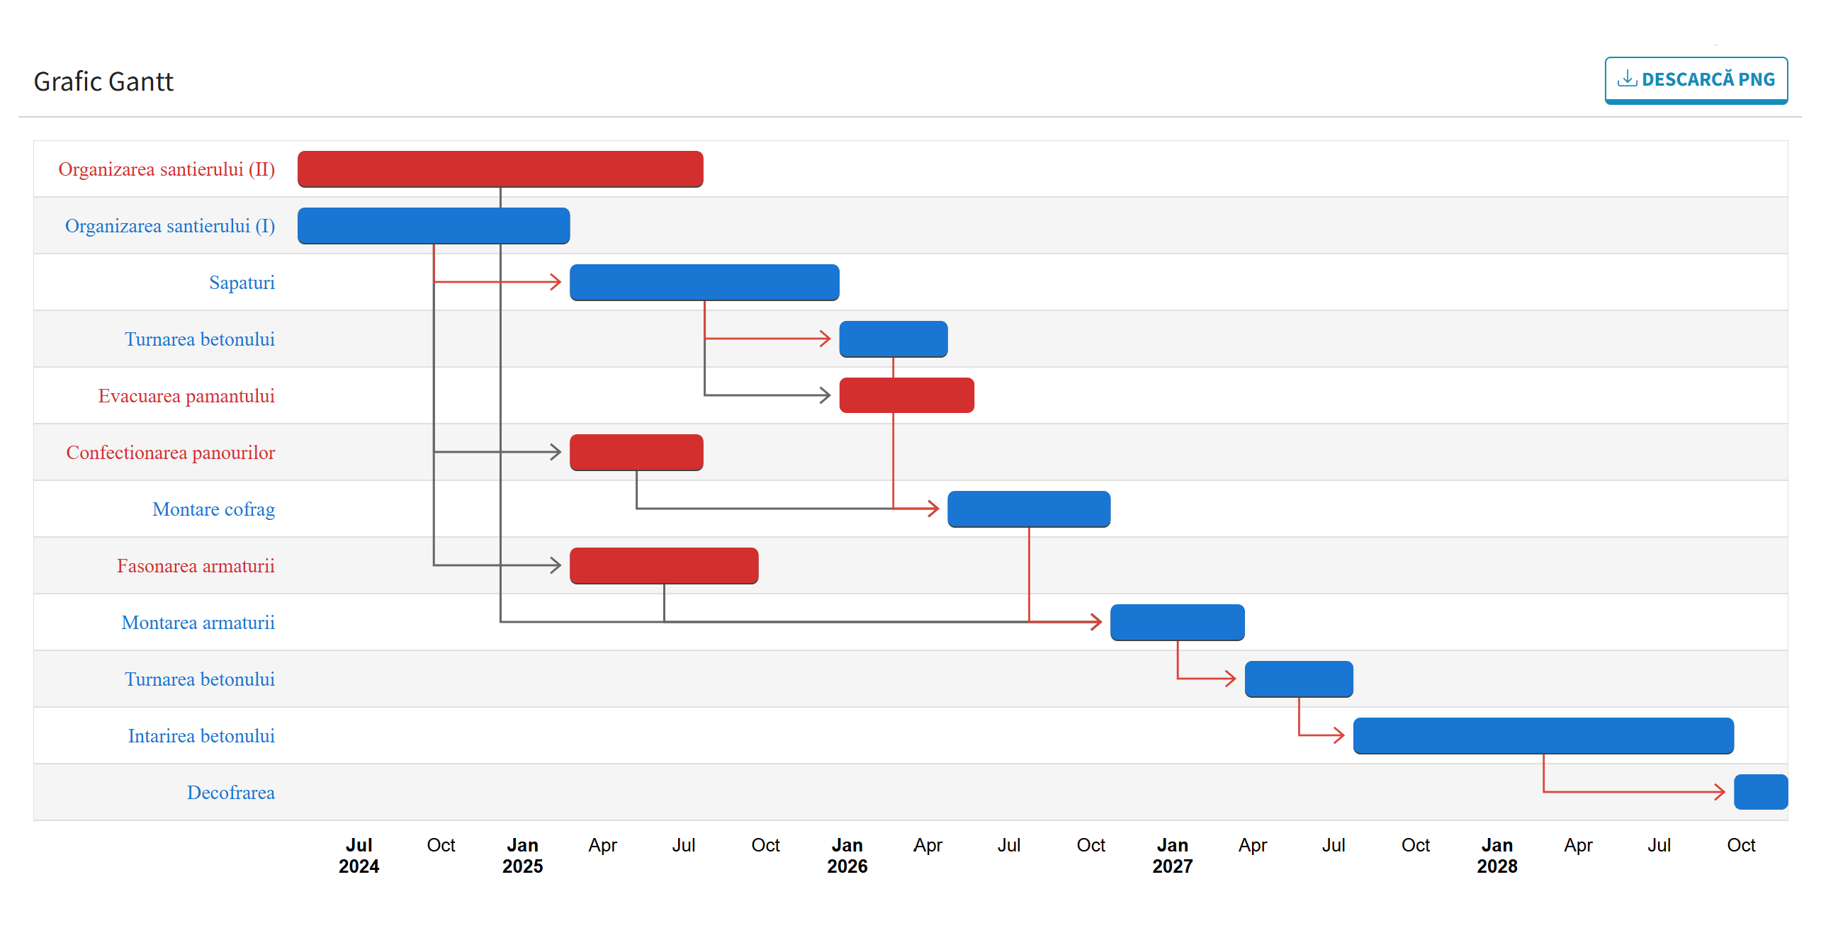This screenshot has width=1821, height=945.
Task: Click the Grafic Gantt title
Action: (x=103, y=81)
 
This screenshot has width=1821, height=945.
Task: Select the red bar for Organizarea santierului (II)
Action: (x=500, y=169)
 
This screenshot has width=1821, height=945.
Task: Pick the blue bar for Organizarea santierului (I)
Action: (x=433, y=225)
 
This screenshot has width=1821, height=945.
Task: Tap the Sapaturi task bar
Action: (x=704, y=282)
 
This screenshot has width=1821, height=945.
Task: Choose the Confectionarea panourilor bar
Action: (x=636, y=452)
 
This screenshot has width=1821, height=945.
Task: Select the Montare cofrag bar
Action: (x=1028, y=509)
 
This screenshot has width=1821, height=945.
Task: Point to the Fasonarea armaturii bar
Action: (x=663, y=565)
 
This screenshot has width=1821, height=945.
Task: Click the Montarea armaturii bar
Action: (x=1176, y=622)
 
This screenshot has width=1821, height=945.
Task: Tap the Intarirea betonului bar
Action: (x=1543, y=735)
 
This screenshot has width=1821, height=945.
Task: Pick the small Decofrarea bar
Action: (x=1760, y=792)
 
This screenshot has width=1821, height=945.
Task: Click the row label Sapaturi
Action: (x=242, y=283)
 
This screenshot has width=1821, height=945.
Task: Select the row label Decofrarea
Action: (x=230, y=793)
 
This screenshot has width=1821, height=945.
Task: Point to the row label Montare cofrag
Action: (x=213, y=509)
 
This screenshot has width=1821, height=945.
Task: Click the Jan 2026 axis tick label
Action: (x=847, y=855)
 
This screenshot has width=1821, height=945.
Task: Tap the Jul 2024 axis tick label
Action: (x=359, y=855)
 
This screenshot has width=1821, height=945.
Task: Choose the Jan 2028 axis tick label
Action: (x=1496, y=855)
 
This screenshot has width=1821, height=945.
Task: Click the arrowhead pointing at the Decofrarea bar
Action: (x=1720, y=792)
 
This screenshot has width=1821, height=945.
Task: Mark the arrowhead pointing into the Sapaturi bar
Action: (x=556, y=282)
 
